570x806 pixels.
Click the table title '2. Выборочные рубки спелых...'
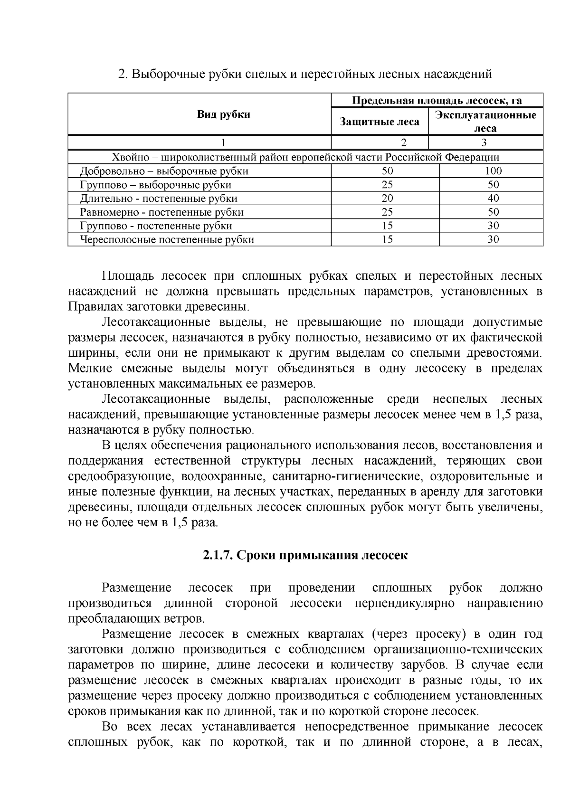click(x=304, y=74)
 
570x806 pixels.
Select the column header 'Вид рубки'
click(x=223, y=114)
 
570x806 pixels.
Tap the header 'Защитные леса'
click(x=380, y=122)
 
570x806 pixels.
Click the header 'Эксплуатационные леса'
click(x=485, y=122)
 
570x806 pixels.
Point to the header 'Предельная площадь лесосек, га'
click(x=437, y=100)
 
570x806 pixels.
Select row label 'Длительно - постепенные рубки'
click(x=159, y=199)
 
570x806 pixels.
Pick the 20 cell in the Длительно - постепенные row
click(x=387, y=199)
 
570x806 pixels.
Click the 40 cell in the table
click(x=493, y=199)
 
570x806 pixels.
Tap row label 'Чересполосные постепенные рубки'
click(x=167, y=240)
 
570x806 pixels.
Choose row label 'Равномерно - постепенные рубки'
click(x=161, y=212)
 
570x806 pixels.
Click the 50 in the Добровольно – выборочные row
click(x=387, y=171)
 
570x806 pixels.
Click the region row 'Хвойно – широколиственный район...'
click(x=305, y=157)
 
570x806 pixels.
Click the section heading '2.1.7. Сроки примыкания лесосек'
click(x=305, y=555)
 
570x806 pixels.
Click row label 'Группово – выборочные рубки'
click(x=156, y=185)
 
